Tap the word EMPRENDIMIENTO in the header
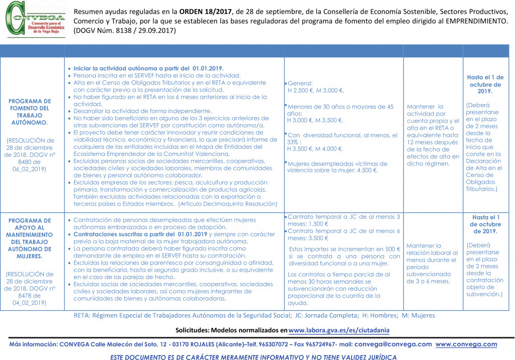point(471,22)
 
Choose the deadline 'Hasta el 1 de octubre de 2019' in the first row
point(485,84)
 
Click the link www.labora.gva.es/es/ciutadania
point(339,330)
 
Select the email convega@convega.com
point(393,344)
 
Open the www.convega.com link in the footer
point(466,344)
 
